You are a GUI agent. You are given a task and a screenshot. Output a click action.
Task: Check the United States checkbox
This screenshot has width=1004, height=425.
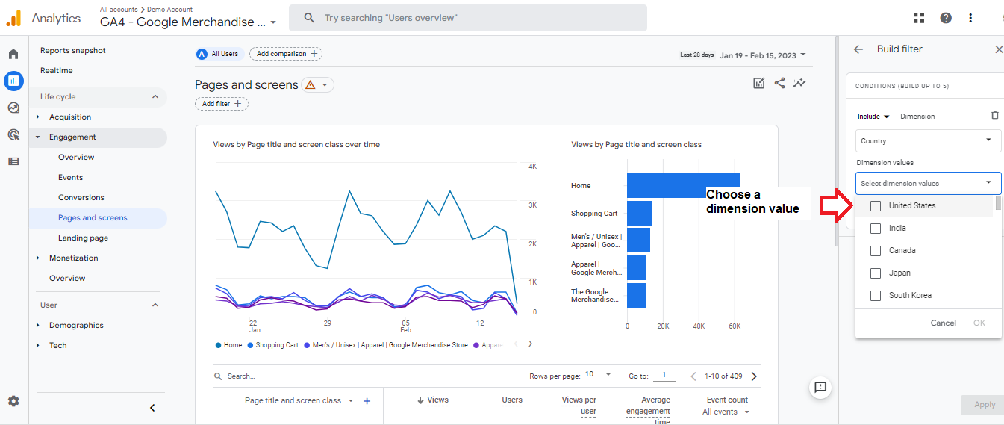pos(876,205)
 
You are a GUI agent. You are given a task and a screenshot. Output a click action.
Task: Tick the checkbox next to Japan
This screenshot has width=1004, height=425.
pos(876,273)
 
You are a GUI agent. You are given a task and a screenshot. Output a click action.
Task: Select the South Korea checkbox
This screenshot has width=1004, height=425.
pos(876,296)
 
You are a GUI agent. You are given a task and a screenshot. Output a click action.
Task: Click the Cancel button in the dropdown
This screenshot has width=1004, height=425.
pos(943,323)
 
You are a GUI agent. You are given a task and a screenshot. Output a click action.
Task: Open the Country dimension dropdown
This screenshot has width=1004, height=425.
pos(928,140)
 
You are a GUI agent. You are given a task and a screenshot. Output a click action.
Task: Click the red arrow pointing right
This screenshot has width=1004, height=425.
pos(836,205)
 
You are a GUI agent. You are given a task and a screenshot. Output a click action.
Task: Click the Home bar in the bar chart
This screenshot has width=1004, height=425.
pos(683,185)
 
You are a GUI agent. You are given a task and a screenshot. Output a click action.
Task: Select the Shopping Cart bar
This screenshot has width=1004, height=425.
pos(640,214)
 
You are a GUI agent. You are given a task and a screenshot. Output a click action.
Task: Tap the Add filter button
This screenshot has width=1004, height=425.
pos(222,104)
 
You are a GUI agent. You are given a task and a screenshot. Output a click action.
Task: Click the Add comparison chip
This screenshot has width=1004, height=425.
pos(286,54)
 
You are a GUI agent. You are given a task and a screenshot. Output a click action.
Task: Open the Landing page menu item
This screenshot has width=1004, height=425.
pos(83,238)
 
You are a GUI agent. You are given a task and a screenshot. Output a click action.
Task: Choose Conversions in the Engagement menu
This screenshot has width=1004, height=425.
pos(81,197)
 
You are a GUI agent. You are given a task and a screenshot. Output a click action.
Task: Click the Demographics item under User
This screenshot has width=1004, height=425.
pos(76,325)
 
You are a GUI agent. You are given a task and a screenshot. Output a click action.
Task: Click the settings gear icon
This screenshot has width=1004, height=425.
pos(14,401)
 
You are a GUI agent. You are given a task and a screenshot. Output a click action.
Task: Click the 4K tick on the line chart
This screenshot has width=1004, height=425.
pos(532,167)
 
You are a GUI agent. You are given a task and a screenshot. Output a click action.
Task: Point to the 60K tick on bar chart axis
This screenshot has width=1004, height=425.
pos(735,326)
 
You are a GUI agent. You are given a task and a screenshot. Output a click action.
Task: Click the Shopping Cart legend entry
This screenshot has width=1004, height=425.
pos(273,345)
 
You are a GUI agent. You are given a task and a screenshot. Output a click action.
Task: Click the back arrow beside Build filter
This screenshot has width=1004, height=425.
pos(858,49)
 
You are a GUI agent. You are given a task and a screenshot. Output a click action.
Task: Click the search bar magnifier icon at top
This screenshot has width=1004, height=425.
pos(309,18)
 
